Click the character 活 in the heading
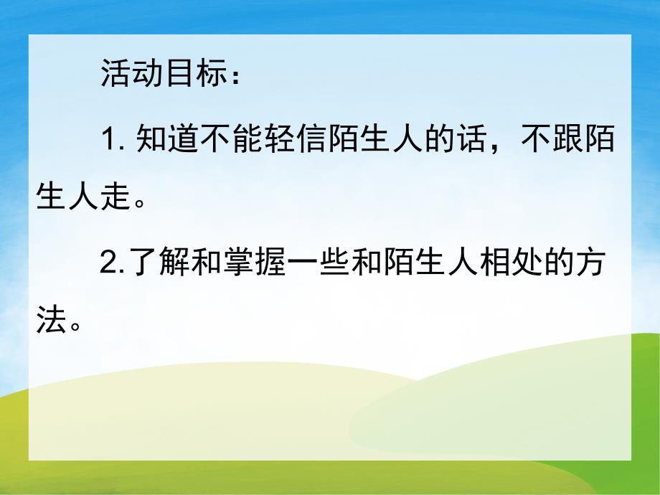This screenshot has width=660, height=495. tap(116, 75)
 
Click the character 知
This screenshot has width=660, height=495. tap(151, 138)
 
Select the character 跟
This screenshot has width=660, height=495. tap(566, 138)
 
